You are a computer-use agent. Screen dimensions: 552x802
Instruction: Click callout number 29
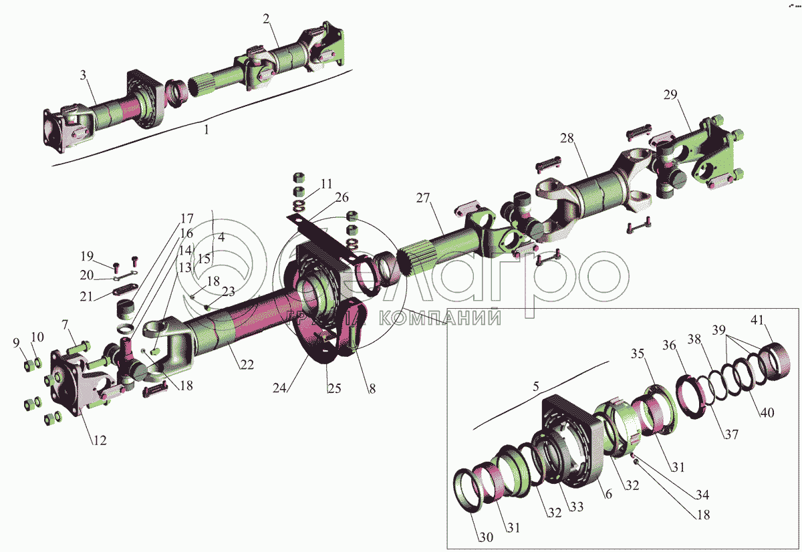tap(671, 94)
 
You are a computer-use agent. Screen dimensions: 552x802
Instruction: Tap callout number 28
tap(567, 138)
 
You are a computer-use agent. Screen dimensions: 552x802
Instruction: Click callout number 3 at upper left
tap(84, 76)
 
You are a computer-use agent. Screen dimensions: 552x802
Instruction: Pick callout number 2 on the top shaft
tap(266, 18)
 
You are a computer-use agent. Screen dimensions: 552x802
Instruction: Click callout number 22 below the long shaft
tap(247, 365)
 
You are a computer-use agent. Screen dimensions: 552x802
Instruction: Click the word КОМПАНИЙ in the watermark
tap(441, 317)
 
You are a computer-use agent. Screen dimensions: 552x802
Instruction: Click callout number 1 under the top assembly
tap(207, 130)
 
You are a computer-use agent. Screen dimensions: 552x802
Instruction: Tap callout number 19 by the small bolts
tap(88, 255)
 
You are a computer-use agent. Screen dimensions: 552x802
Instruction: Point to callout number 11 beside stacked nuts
tap(325, 183)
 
